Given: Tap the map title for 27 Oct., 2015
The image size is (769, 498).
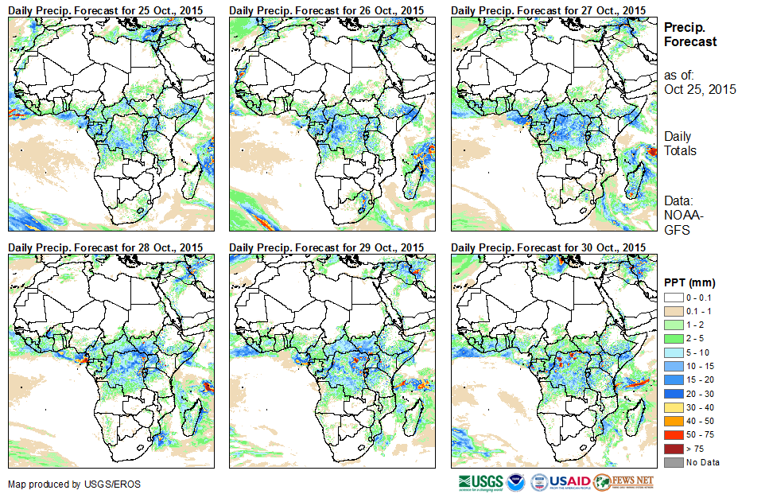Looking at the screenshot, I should [547, 9].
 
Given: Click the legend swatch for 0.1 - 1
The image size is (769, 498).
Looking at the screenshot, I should [673, 311].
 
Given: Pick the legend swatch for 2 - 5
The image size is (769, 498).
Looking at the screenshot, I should [673, 339].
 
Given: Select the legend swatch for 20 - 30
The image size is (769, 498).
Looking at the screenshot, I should [673, 394].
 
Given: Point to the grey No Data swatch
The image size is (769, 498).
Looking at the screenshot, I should [673, 462].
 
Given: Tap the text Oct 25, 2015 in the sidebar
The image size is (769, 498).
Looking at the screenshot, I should [700, 89].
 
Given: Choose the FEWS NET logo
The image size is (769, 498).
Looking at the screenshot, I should [623, 482].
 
